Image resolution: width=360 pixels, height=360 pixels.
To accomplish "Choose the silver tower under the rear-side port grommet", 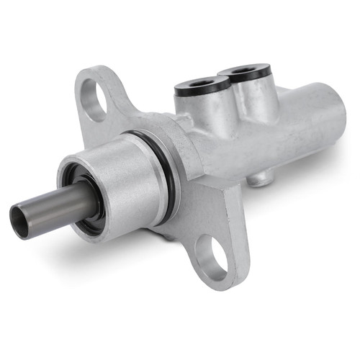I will pyautogui.click(x=252, y=97).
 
